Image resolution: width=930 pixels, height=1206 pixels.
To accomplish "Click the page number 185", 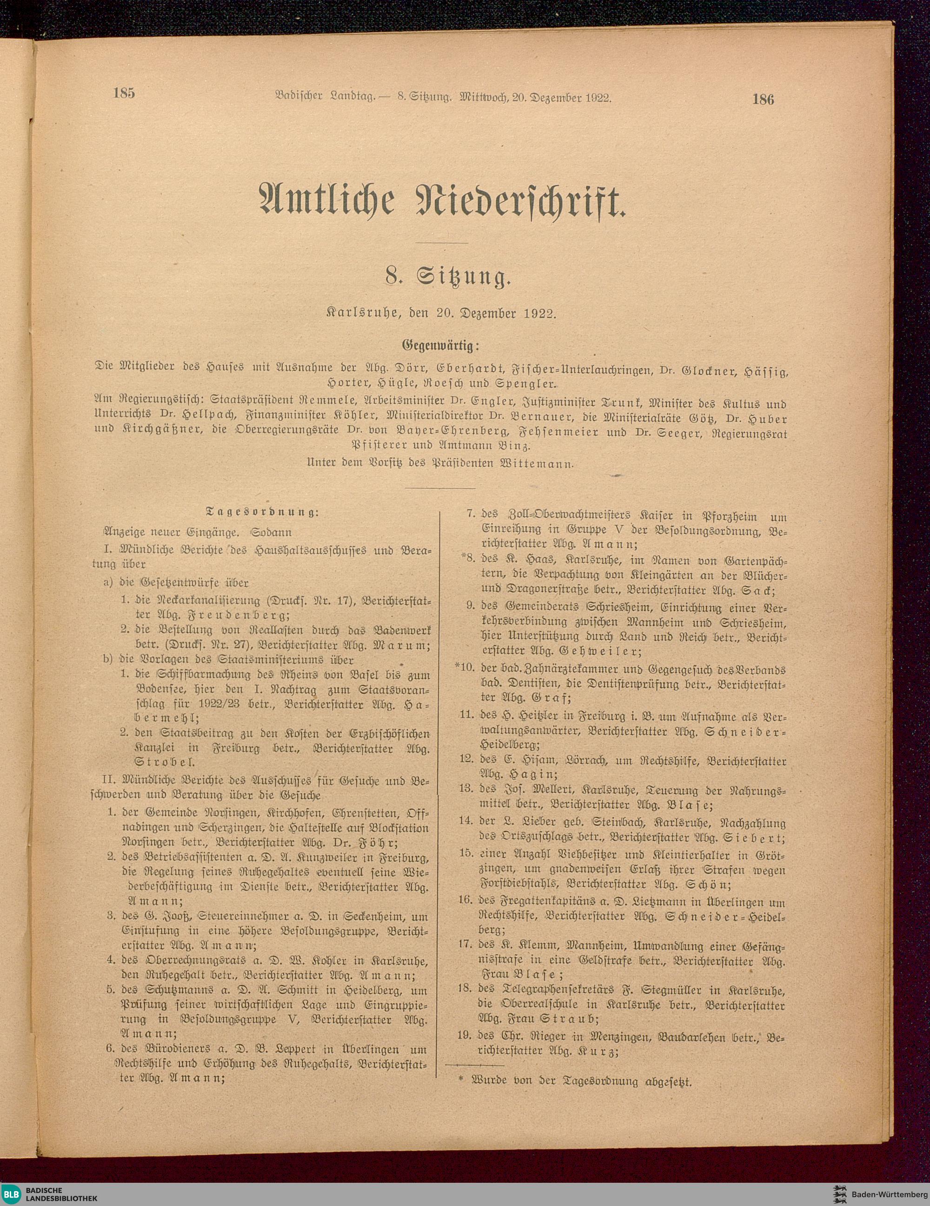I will point(124,93).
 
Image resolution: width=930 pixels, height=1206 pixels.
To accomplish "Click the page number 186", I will point(763,99).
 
